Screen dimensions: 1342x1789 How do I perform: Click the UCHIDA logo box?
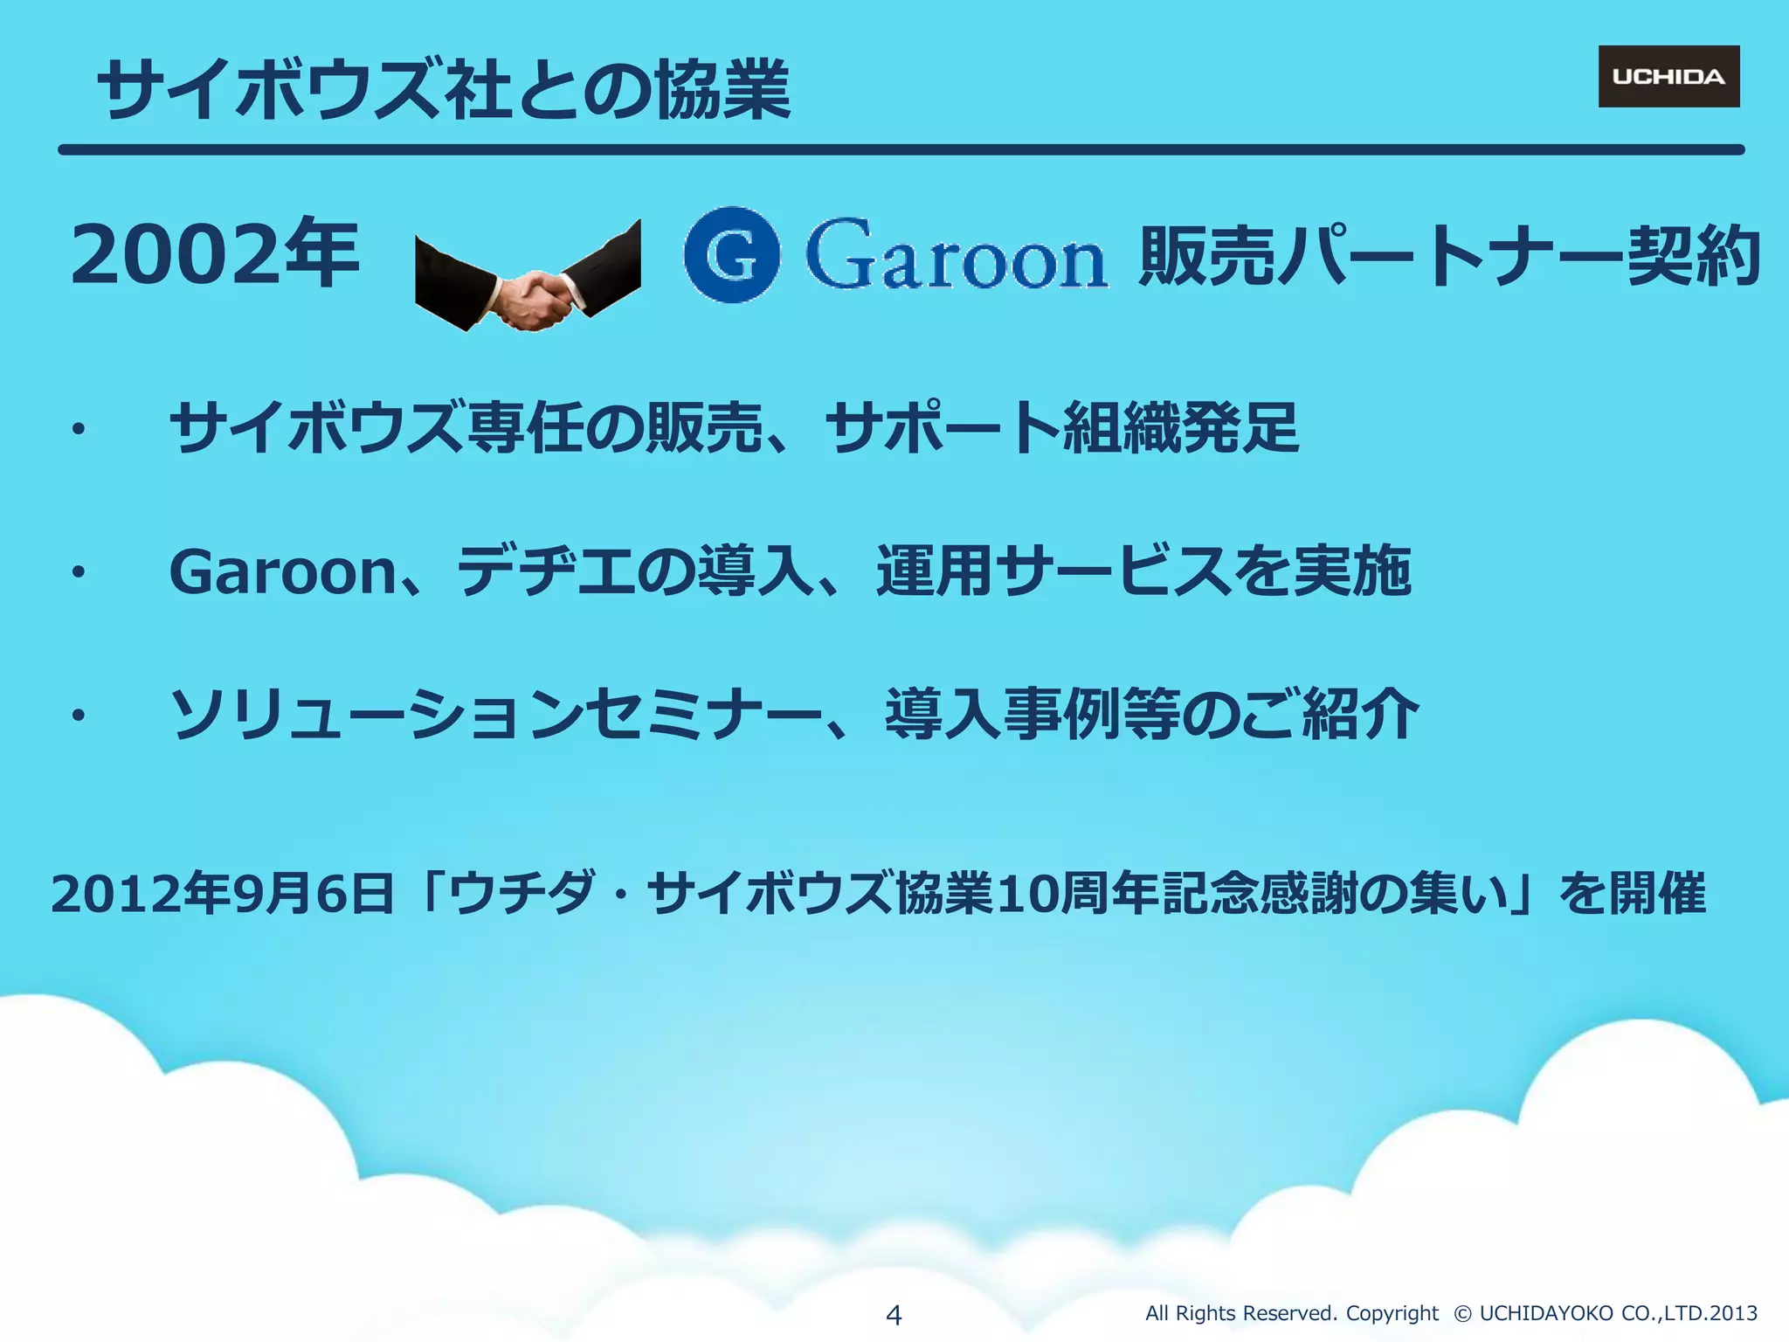pyautogui.click(x=1668, y=77)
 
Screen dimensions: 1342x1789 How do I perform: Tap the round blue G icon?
pyautogui.click(x=732, y=255)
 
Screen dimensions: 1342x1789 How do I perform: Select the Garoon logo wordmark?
pyautogui.click(x=957, y=255)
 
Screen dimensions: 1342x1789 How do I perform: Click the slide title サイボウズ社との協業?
pyautogui.click(x=444, y=89)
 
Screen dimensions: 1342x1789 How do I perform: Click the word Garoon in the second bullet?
pyautogui.click(x=283, y=571)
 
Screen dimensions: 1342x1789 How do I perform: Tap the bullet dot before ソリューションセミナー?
pyautogui.click(x=79, y=716)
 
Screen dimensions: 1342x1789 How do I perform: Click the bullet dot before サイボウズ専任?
pyautogui.click(x=79, y=429)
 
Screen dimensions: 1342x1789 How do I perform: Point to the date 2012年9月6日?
pyautogui.click(x=223, y=894)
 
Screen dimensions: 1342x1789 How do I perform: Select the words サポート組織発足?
pyautogui.click(x=1061, y=428)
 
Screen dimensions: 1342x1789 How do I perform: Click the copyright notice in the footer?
pyautogui.click(x=1450, y=1313)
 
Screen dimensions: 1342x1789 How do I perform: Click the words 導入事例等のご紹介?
pyautogui.click(x=1151, y=714)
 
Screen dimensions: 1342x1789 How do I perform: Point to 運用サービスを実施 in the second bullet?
pyautogui.click(x=1144, y=571)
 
